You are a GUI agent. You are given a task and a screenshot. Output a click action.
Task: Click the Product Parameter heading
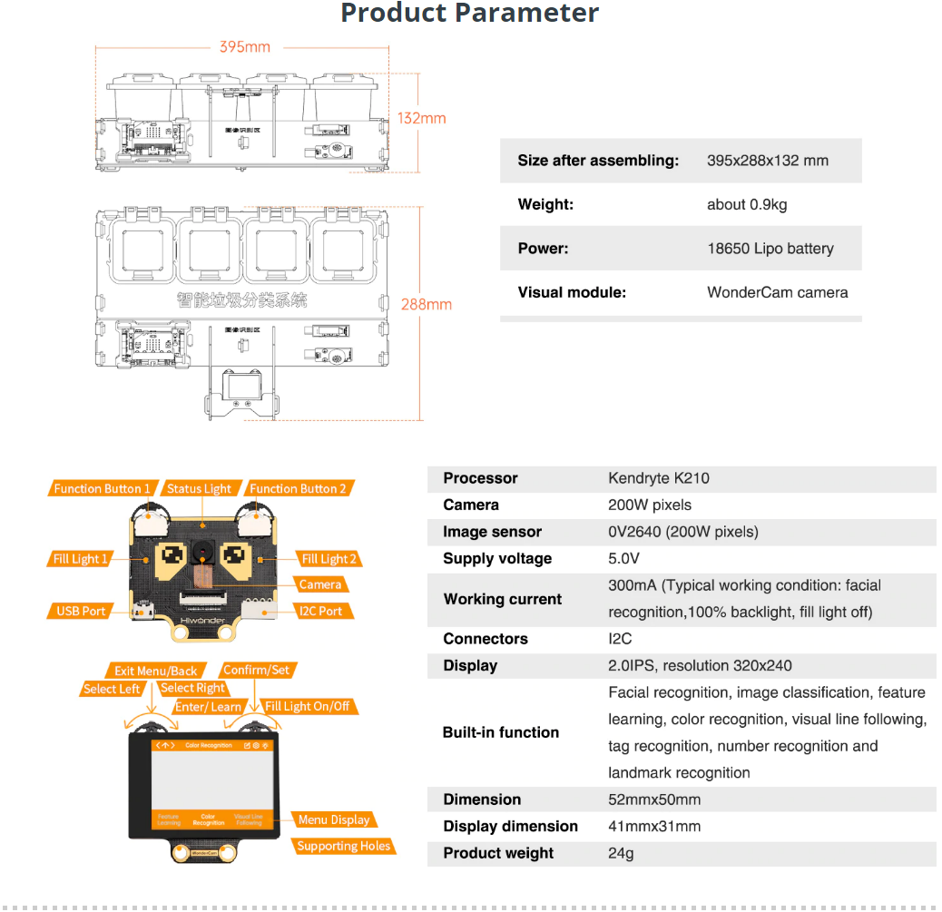pyautogui.click(x=469, y=14)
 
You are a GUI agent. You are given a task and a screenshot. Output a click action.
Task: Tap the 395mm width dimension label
pyautogui.click(x=244, y=47)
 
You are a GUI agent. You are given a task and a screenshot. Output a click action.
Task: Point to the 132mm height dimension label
pyautogui.click(x=422, y=118)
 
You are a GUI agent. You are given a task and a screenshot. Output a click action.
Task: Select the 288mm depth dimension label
pyautogui.click(x=426, y=304)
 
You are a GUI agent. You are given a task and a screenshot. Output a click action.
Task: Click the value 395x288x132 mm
pyautogui.click(x=767, y=161)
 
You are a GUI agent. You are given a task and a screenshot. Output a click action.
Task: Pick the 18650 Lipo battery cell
pyautogui.click(x=770, y=249)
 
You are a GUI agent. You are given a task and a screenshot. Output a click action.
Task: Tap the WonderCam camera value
pyautogui.click(x=777, y=292)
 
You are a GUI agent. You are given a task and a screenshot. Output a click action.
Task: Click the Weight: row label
pyautogui.click(x=545, y=204)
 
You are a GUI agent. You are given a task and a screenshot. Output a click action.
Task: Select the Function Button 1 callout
pyautogui.click(x=102, y=488)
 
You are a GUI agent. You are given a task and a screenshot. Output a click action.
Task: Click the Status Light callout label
pyautogui.click(x=199, y=488)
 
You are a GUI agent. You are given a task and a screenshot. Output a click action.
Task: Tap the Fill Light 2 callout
pyautogui.click(x=329, y=559)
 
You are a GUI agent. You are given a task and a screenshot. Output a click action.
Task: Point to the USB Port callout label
pyautogui.click(x=81, y=611)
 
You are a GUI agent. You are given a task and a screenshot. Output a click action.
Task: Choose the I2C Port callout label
pyautogui.click(x=320, y=611)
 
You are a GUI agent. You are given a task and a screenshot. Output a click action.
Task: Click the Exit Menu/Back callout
pyautogui.click(x=155, y=671)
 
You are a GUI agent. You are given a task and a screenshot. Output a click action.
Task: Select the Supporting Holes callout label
pyautogui.click(x=343, y=846)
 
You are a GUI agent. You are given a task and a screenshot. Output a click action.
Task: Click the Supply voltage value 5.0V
pyautogui.click(x=623, y=558)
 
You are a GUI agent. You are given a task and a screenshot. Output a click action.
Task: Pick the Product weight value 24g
pyautogui.click(x=621, y=853)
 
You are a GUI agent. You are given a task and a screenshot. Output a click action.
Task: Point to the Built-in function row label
pyautogui.click(x=500, y=732)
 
